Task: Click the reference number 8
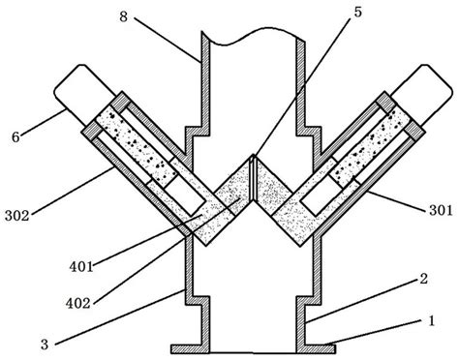124,16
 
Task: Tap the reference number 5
357,12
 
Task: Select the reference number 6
15,137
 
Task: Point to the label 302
16,216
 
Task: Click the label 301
441,210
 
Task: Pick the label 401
81,266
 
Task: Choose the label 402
77,303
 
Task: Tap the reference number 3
45,345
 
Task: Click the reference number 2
423,279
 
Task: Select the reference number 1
431,321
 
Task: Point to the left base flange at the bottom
191,348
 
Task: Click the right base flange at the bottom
316,348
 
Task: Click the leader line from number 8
168,39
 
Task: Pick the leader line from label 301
396,201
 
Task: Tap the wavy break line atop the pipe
253,36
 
